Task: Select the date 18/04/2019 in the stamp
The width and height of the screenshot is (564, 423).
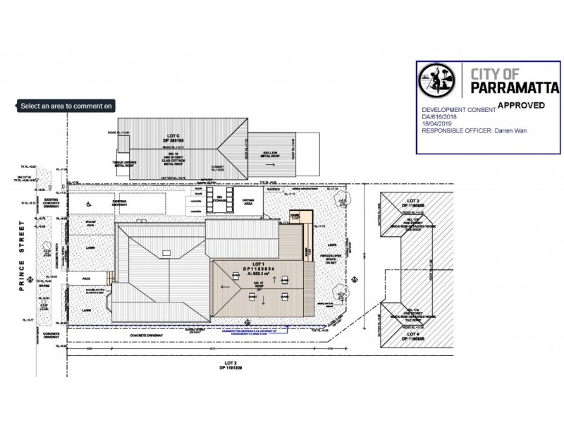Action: click(435, 124)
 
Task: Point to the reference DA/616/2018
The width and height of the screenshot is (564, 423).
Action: click(439, 118)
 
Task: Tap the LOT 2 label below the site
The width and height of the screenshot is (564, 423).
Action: click(228, 364)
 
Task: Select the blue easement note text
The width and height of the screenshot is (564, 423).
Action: click(254, 329)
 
